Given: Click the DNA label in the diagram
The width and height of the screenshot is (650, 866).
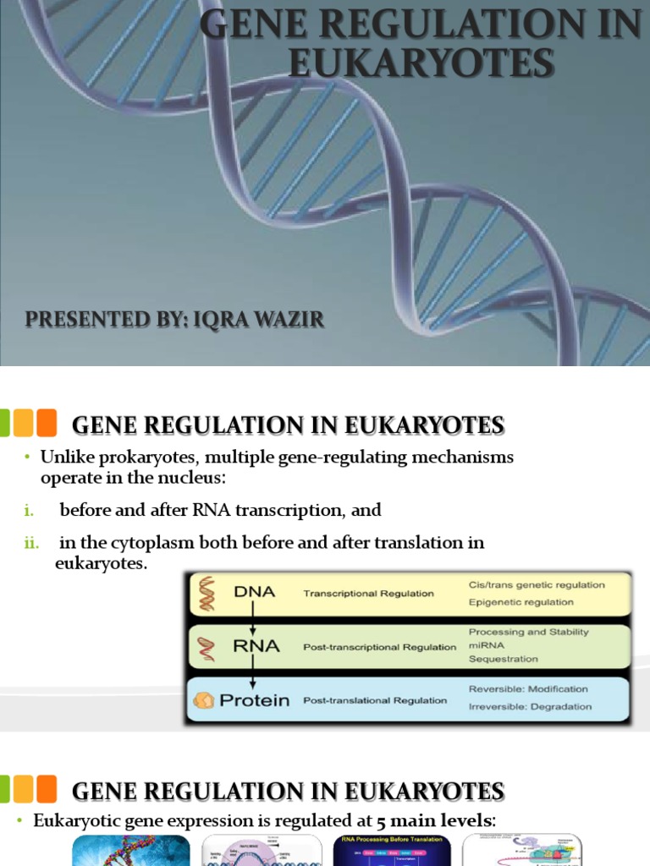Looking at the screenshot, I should [254, 592].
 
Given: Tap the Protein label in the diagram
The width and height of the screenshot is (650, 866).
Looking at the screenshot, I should [255, 700].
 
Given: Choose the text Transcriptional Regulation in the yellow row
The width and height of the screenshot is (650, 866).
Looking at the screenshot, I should [368, 594].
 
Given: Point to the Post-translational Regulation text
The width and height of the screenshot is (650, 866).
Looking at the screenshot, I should [375, 700].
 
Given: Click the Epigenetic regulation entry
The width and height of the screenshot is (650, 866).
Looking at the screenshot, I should [521, 602].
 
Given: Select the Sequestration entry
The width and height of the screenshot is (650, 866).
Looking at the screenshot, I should [504, 658].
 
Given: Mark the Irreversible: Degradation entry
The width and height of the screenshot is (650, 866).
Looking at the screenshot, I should [530, 706].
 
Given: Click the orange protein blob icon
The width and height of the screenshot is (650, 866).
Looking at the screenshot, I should [204, 700].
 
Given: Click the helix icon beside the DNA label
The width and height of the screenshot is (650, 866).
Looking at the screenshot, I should [206, 593].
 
